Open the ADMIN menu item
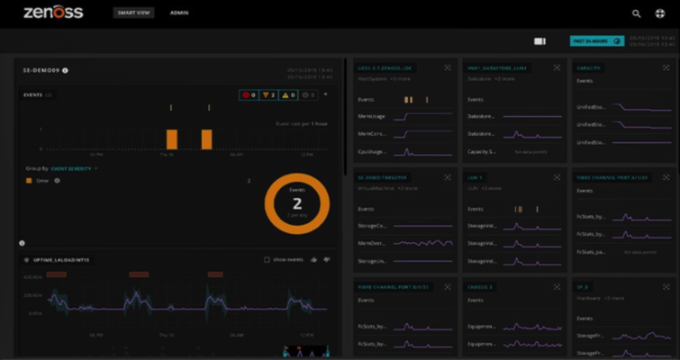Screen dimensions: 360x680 179,13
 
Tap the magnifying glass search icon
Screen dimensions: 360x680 637,13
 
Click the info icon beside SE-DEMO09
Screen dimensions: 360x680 66,69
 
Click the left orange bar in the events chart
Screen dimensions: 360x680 171,139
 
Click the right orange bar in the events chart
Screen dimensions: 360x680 206,139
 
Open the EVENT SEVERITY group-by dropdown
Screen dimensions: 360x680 75,167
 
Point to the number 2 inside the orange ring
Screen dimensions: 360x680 297,203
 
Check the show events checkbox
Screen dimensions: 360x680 267,260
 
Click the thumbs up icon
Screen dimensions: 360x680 313,260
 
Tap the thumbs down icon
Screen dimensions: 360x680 326,260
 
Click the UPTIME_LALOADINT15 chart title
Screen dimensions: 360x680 60,260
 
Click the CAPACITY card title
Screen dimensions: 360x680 589,67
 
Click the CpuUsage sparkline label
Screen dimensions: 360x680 373,151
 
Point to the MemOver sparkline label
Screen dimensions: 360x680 373,243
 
